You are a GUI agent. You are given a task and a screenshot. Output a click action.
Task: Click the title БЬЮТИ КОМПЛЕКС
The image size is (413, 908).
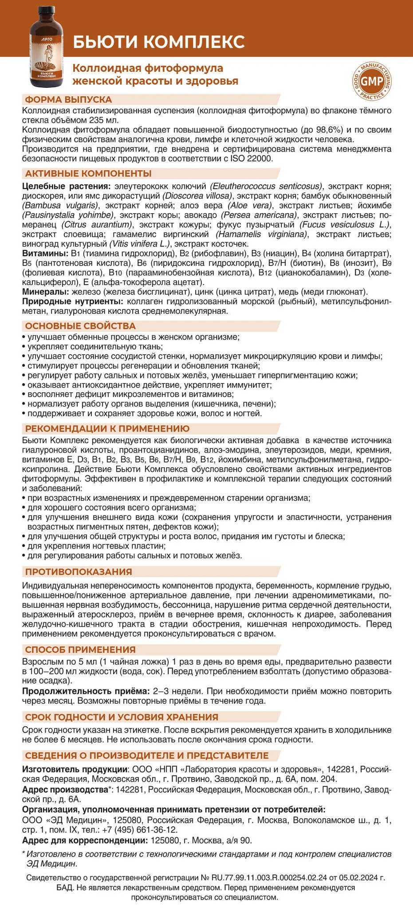click(x=158, y=41)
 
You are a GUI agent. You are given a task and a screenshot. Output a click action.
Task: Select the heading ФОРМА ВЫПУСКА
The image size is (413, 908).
click(x=68, y=100)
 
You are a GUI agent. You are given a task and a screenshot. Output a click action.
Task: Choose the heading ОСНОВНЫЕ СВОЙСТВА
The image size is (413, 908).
click(x=80, y=326)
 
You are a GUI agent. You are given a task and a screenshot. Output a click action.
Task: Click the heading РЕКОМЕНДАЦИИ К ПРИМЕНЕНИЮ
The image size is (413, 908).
click(x=107, y=428)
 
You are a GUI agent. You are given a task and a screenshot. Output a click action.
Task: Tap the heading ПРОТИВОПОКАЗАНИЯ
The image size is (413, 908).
click(x=79, y=571)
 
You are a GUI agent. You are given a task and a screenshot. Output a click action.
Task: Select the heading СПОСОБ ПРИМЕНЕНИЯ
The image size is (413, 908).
click(x=80, y=650)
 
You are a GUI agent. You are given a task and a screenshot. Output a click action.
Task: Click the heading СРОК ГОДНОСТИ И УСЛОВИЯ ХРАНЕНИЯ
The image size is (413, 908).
click(x=122, y=717)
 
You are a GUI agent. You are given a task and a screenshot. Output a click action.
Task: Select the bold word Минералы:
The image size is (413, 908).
click(x=44, y=292)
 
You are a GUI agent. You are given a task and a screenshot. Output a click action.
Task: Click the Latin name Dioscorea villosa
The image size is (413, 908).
click(x=197, y=196)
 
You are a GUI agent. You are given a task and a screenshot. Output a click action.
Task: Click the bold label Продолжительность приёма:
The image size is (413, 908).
click(x=86, y=691)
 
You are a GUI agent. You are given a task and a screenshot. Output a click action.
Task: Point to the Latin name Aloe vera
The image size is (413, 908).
click(x=248, y=205)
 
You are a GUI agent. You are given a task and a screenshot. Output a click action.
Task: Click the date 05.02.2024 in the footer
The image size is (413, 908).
click(x=362, y=877)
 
